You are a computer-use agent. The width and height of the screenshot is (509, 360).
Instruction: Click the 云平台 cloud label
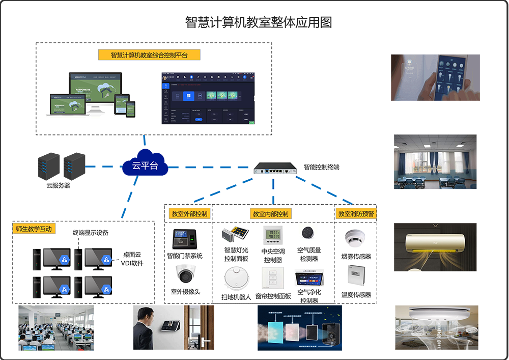tap(145, 165)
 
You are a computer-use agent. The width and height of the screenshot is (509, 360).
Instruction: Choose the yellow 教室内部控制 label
tap(271, 214)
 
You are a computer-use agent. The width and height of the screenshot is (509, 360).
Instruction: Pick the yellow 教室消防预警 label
tap(355, 214)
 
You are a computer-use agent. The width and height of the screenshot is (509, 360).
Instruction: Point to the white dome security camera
tap(186, 275)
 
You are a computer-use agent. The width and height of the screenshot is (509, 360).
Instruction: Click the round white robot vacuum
tap(237, 278)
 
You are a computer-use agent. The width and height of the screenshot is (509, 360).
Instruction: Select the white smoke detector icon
tap(354, 236)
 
